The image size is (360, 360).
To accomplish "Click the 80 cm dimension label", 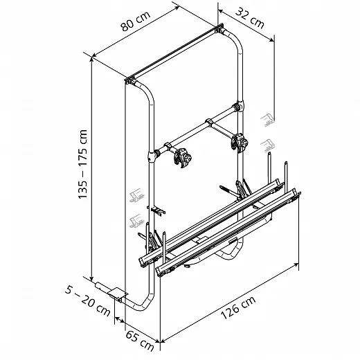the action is click(x=136, y=21).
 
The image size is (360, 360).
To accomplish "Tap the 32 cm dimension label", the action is click(x=250, y=18).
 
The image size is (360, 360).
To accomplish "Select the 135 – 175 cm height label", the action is click(x=82, y=164).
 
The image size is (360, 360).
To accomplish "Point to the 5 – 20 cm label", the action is click(x=87, y=300).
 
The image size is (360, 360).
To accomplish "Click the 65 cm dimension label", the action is click(x=140, y=341).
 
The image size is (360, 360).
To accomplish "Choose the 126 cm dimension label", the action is click(x=238, y=307).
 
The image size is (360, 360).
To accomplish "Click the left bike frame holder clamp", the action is click(x=183, y=158).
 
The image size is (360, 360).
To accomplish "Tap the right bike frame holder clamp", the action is click(x=240, y=143).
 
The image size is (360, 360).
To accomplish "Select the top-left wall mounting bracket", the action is click(x=131, y=80).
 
